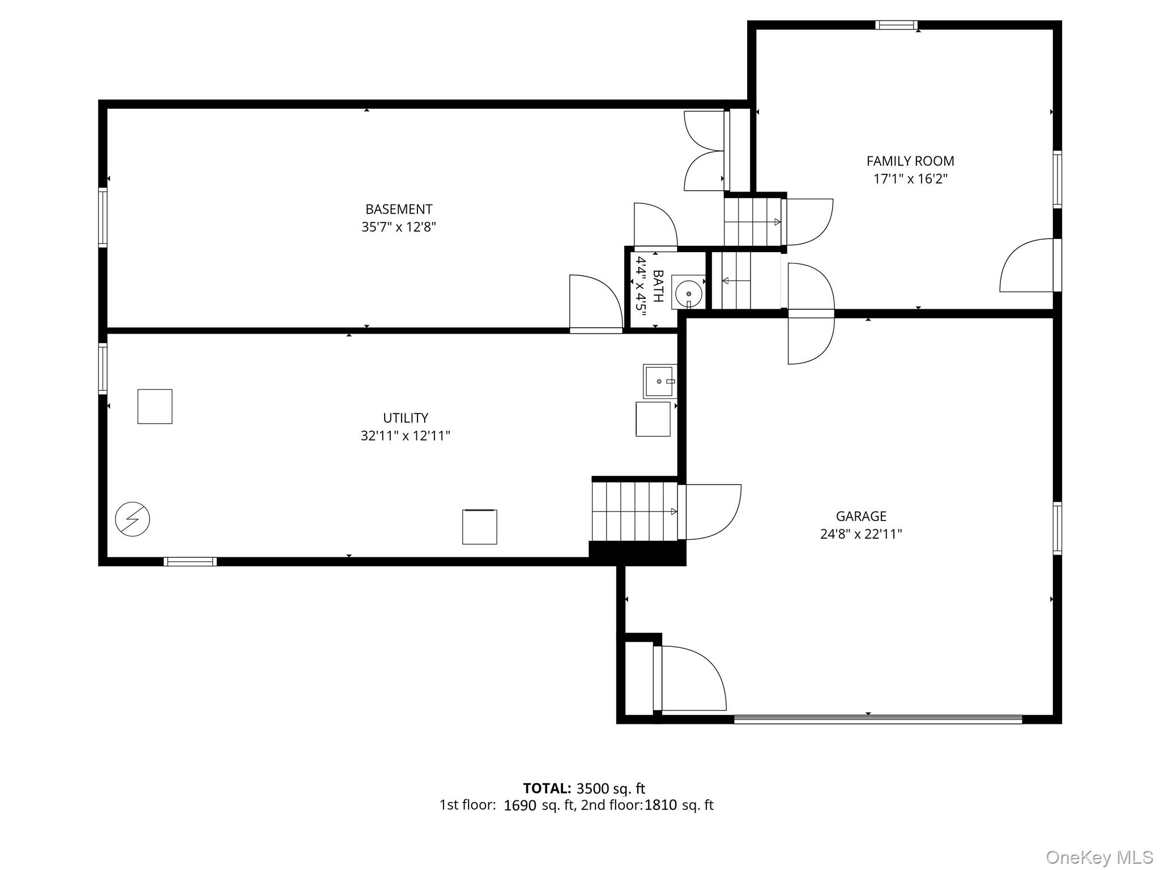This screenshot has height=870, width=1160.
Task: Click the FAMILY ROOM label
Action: pos(910,161)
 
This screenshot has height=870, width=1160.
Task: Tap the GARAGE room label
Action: pos(861,516)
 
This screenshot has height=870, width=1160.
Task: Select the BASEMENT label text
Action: pos(399,210)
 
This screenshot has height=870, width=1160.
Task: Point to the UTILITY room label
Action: pos(406,418)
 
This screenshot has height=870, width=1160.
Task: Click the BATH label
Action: pos(658,286)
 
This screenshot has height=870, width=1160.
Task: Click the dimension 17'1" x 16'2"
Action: pos(910,179)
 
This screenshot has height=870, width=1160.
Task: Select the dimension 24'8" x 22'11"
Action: pos(861,534)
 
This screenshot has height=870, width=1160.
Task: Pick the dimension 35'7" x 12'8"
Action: pos(399,227)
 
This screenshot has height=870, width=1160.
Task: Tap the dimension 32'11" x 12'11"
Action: pos(406,436)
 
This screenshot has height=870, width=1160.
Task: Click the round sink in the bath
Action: pos(688,293)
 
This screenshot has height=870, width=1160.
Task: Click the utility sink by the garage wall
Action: pos(659,381)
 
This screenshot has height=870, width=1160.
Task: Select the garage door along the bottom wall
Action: pos(878,719)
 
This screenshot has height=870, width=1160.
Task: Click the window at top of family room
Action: pos(896,25)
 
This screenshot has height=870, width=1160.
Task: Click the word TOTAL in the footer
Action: pos(547,788)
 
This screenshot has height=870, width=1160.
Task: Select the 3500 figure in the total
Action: pos(594,788)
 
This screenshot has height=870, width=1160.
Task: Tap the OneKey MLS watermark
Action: pos(1099,857)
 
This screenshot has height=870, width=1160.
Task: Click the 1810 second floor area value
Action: pos(660,805)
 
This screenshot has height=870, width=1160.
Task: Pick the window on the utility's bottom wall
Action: pos(190,561)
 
